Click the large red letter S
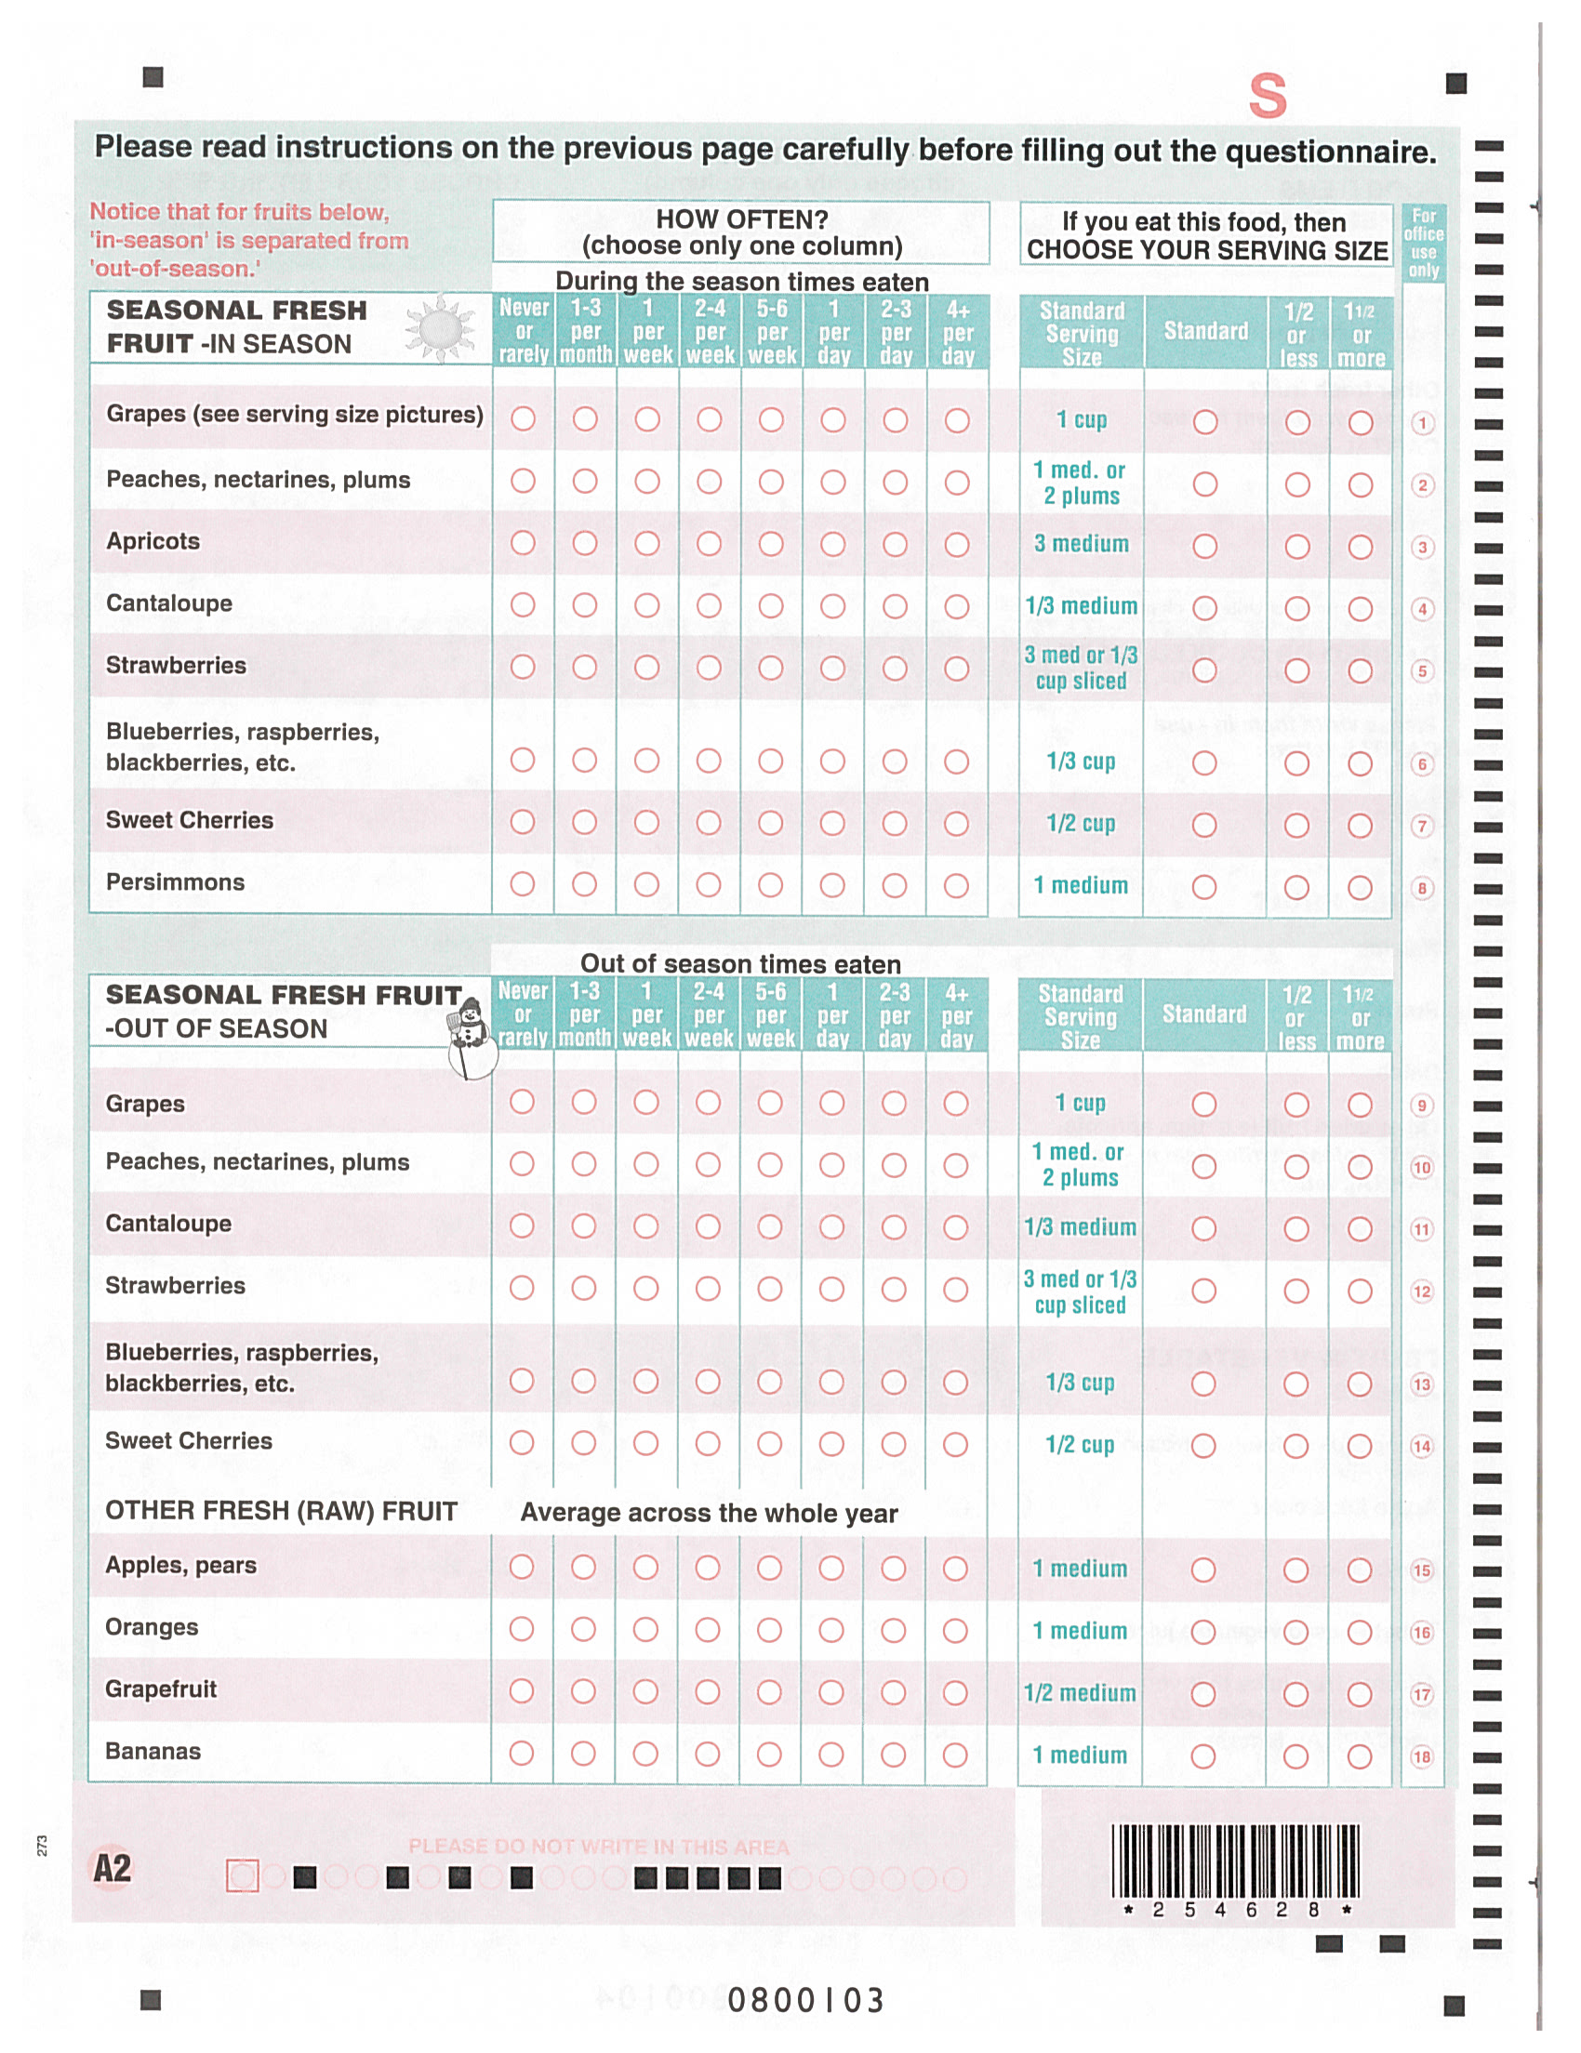tap(1267, 96)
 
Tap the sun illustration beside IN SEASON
tap(439, 329)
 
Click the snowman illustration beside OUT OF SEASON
tap(469, 1040)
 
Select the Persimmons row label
tap(175, 882)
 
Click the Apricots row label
tap(153, 541)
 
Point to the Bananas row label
tap(153, 1751)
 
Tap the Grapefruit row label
tap(161, 1689)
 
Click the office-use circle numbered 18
tap(1421, 1756)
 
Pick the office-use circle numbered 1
tap(1422, 423)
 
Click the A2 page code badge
tap(112, 1868)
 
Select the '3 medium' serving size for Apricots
tap(1081, 544)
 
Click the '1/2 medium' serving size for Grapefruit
tap(1079, 1693)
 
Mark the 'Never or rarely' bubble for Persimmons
tap(523, 884)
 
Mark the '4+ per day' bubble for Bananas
tap(955, 1755)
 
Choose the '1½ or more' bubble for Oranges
tap(1359, 1632)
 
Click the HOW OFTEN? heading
tap(741, 220)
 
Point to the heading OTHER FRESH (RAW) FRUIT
tap(281, 1511)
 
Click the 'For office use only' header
tap(1423, 243)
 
